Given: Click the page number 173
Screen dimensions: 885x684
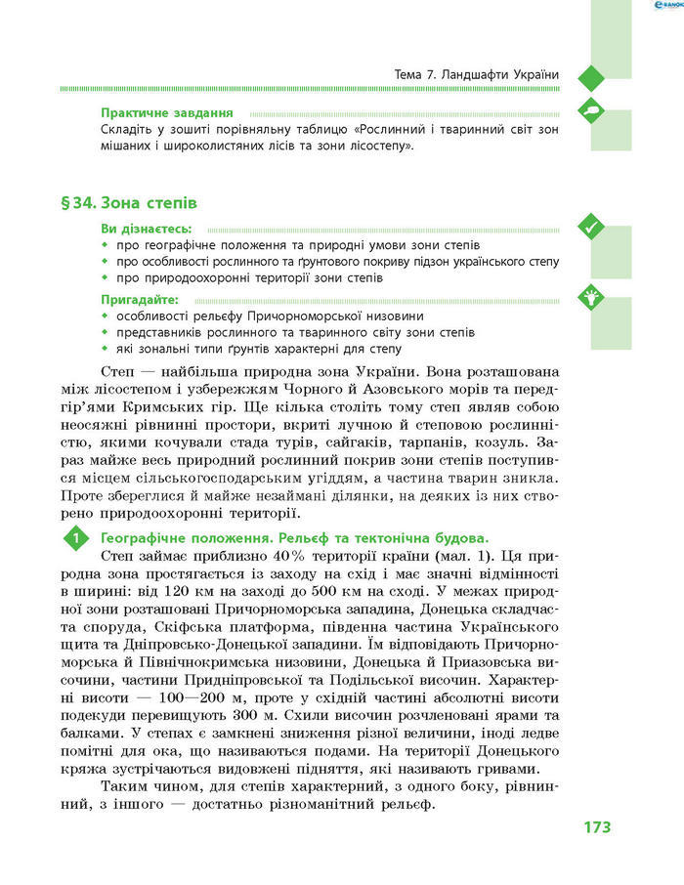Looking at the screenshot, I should coord(597,826).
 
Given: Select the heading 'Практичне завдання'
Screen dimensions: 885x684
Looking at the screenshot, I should coord(153,112).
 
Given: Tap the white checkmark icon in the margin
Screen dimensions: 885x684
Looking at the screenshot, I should coord(590,227).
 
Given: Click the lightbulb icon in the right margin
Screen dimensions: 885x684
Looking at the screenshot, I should coord(590,298).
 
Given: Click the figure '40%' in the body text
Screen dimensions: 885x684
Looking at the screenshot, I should coord(305,555).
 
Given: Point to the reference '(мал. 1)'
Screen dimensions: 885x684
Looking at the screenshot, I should coord(491,555).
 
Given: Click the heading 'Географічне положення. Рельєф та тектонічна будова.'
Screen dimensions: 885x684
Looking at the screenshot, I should coord(293,537).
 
